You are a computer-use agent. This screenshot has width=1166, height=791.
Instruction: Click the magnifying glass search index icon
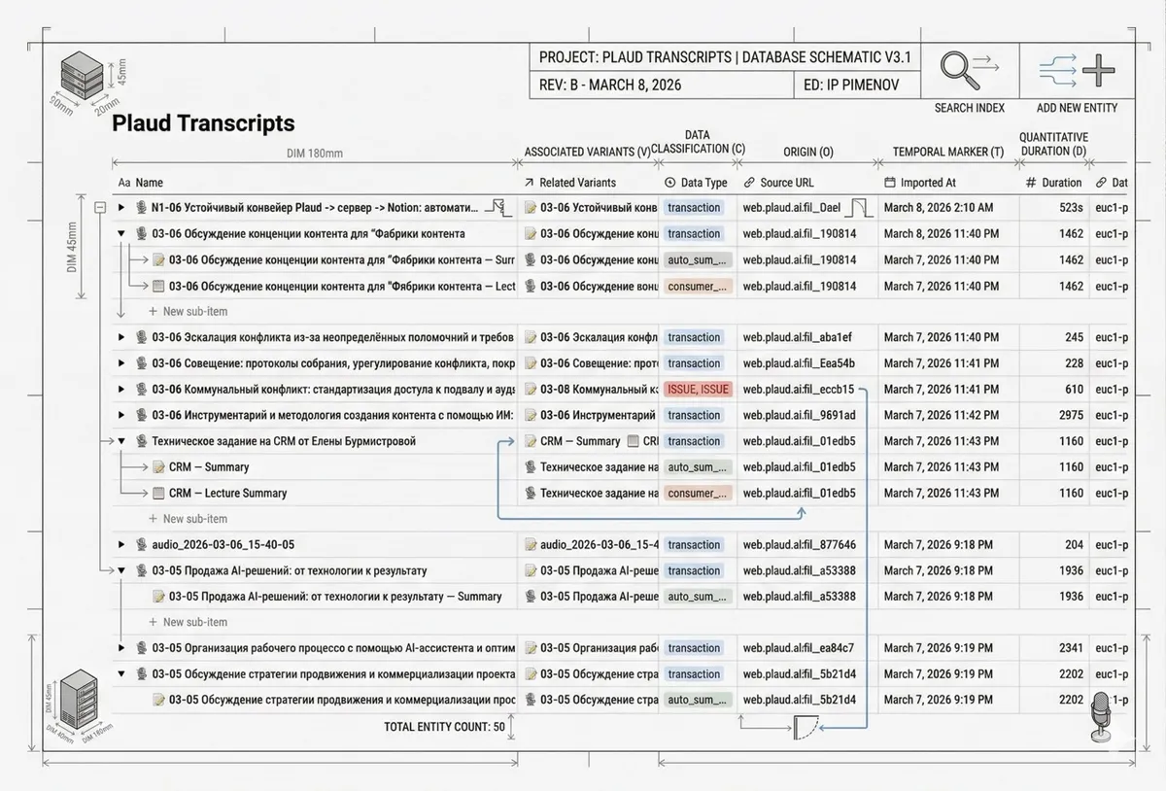click(960, 70)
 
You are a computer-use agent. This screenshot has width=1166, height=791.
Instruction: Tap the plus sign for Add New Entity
click(1099, 70)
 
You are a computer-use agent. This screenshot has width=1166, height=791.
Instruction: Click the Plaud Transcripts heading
click(203, 123)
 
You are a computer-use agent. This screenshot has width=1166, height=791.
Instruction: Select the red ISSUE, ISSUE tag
click(698, 390)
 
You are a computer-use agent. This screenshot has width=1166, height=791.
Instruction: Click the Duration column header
click(1061, 183)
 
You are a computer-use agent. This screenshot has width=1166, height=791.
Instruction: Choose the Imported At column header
click(928, 183)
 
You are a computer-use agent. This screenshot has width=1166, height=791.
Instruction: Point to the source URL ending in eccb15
click(799, 390)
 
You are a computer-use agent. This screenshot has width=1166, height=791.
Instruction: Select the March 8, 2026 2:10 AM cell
click(939, 208)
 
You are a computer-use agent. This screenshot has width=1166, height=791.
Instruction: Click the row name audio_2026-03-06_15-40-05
click(223, 545)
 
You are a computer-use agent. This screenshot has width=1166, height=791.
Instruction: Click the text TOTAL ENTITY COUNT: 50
click(444, 727)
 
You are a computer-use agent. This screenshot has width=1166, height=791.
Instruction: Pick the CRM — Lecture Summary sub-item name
click(227, 494)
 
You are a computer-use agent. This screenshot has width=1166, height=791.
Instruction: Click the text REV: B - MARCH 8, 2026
click(610, 85)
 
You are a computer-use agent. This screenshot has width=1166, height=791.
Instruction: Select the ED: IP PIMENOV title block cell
click(851, 85)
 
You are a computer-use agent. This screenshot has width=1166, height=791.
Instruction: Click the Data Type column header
click(703, 183)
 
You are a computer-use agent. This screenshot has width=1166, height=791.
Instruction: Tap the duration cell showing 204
click(1074, 545)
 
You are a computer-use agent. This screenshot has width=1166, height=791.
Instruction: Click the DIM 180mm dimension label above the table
click(314, 154)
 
